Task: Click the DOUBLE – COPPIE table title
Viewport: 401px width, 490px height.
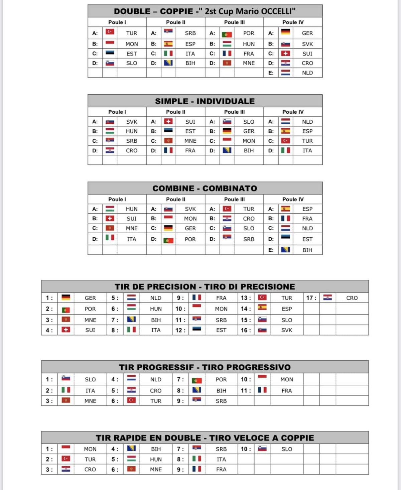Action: pos(205,11)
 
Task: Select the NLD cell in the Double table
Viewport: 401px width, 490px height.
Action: pos(307,73)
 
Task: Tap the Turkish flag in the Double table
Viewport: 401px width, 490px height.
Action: pos(110,32)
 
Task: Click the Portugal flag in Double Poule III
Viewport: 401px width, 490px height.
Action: pos(227,34)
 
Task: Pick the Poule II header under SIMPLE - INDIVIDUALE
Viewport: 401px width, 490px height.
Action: pos(175,112)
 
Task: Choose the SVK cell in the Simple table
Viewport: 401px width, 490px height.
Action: pos(131,122)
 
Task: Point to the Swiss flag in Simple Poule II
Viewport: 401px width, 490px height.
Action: pos(168,121)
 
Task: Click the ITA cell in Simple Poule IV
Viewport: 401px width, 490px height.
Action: pos(307,151)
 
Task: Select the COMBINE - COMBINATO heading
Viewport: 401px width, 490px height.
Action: pos(205,188)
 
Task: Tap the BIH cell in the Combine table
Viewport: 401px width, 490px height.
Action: pos(307,250)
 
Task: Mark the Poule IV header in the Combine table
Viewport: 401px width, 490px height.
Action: pos(293,199)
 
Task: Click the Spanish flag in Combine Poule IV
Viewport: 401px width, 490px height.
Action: pos(286,209)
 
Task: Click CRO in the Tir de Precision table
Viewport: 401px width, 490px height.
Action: pos(352,298)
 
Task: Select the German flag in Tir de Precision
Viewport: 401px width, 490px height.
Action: pos(66,297)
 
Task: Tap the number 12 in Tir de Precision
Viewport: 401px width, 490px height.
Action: pos(180,330)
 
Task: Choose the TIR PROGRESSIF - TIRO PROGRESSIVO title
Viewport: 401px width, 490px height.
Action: pos(205,367)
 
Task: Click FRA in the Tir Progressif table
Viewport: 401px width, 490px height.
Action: pos(286,390)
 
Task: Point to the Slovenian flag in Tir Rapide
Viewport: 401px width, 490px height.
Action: pos(262,449)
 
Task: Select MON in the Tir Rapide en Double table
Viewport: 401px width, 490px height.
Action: pos(90,449)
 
